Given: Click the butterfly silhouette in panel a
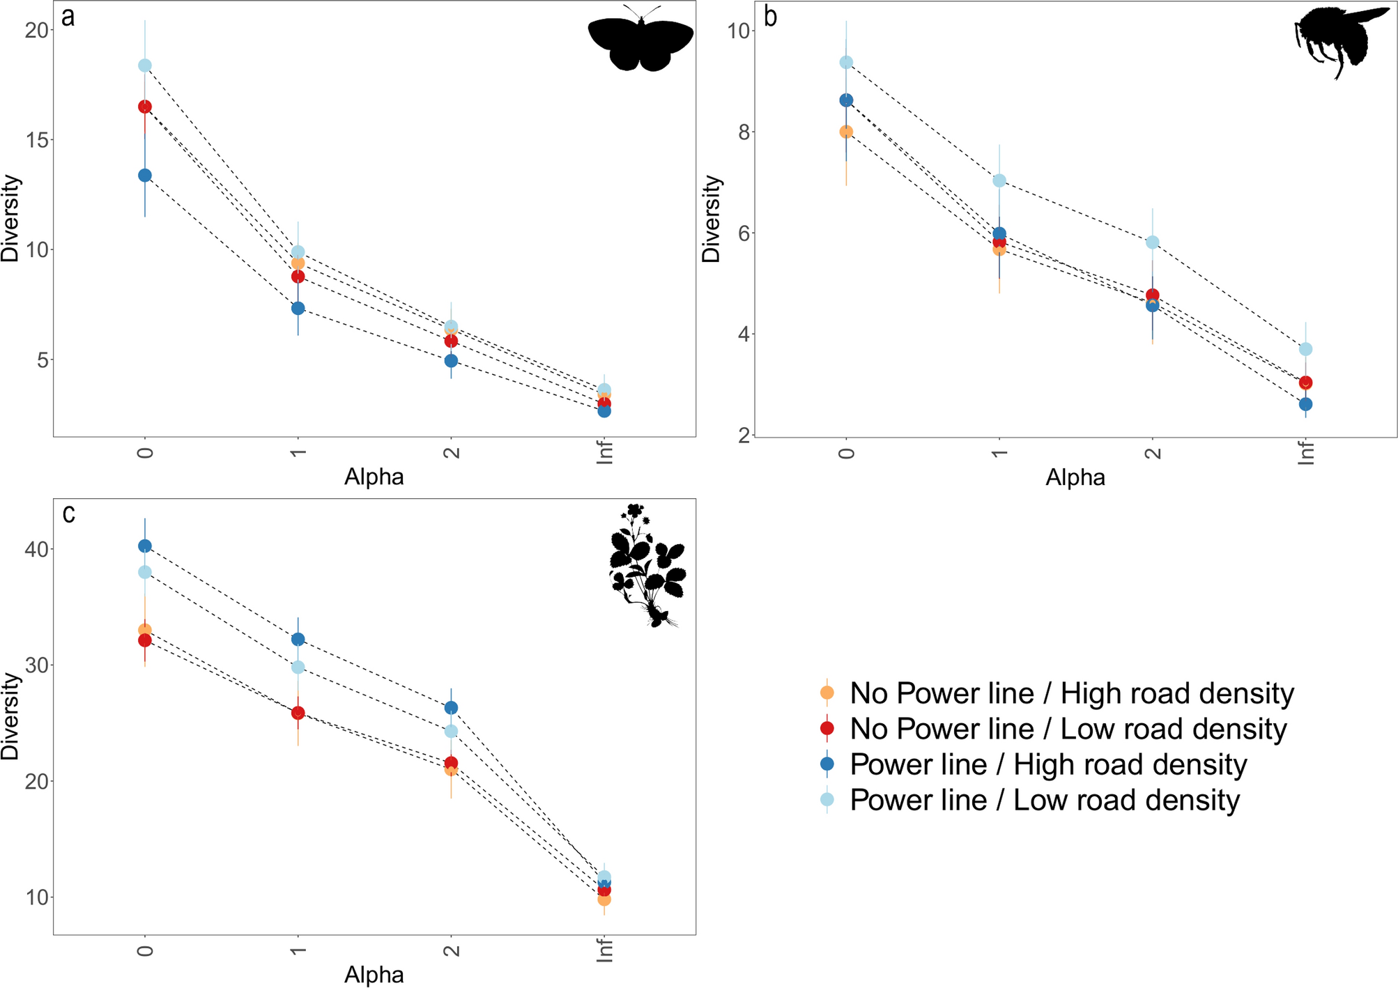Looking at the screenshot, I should [640, 40].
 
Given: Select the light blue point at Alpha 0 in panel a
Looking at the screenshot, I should [145, 65].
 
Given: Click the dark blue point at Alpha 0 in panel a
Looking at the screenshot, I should [145, 176].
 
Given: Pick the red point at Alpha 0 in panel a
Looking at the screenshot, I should [145, 107].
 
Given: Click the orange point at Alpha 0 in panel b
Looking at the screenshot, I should [846, 132].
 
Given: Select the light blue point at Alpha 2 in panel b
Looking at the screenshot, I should [1153, 242].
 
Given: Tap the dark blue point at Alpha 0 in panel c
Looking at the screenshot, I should [145, 546].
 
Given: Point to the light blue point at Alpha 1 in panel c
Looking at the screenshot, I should [298, 667].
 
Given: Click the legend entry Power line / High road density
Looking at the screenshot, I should [1048, 764].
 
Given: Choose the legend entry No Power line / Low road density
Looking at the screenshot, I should [1068, 729].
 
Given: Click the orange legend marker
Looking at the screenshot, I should [827, 693].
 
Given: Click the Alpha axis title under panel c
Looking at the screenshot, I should [374, 975].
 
